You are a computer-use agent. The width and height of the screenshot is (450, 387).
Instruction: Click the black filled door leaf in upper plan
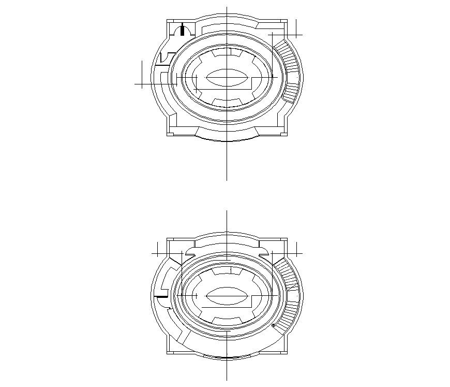point(182,30)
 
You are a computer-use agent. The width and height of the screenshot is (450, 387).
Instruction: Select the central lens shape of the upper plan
point(227,78)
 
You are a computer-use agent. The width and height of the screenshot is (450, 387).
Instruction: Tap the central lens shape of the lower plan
point(227,297)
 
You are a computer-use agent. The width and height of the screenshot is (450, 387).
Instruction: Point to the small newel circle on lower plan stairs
point(273,326)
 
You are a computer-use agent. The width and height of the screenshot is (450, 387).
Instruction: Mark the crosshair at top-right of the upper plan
point(295,35)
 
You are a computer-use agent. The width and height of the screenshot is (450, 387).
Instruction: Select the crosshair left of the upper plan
point(142,83)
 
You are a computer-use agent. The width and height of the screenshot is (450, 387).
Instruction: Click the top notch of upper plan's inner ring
point(227,51)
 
